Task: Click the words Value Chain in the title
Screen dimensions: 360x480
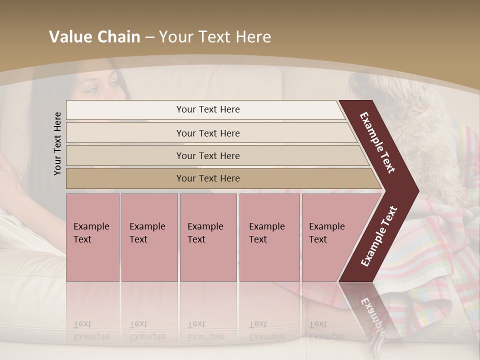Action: tap(94, 37)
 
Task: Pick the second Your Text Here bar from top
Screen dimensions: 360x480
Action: tap(208, 133)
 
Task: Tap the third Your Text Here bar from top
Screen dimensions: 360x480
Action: tap(208, 155)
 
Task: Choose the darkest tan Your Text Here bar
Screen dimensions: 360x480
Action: tap(208, 178)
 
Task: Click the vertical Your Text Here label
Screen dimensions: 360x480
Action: tap(57, 143)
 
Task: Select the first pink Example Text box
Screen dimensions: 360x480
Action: tap(92, 237)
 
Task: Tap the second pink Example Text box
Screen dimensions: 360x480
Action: tap(149, 237)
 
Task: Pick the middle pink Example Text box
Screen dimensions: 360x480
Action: tap(208, 237)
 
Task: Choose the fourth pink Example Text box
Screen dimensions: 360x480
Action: tap(269, 237)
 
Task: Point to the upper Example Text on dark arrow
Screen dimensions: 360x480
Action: tap(377, 142)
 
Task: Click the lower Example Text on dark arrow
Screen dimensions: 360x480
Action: tap(379, 236)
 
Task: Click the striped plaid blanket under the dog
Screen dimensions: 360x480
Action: tap(440, 240)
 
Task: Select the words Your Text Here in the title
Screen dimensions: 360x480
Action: tap(215, 37)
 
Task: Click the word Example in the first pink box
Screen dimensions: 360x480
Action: tap(91, 226)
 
